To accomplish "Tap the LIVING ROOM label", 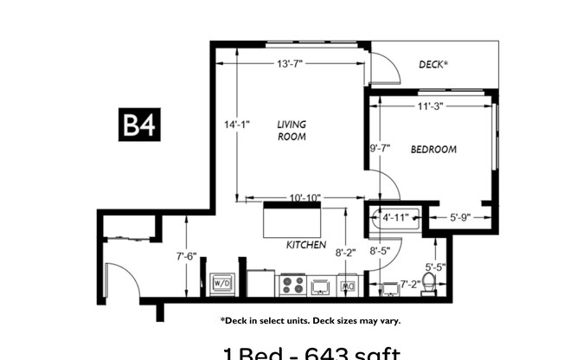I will (292, 130).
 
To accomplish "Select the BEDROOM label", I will (433, 150).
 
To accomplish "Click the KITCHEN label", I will (306, 245).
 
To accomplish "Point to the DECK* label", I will (434, 65).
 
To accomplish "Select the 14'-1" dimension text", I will (236, 125).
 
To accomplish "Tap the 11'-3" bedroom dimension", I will (430, 107).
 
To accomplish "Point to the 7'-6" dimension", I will (186, 255).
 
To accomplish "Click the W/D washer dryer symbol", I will (221, 283).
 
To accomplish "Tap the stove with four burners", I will (291, 284).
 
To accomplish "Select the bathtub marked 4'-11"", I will (395, 219).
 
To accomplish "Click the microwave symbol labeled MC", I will (349, 285).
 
